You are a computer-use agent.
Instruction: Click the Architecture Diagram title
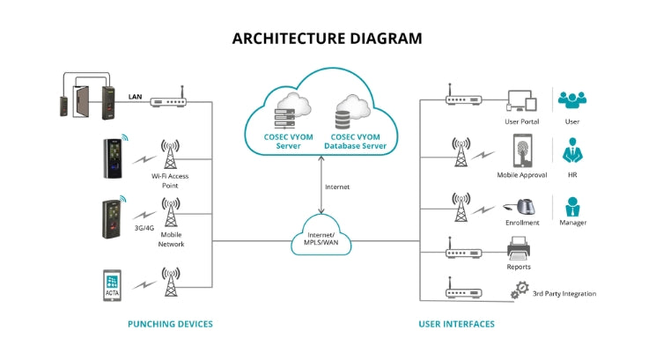328,39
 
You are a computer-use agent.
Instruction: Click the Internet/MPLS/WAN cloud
321,236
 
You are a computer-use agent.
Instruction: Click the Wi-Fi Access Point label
171,180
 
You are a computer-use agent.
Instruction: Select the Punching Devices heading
171,324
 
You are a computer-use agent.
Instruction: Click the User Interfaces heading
456,324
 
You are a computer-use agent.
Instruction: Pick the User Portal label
522,121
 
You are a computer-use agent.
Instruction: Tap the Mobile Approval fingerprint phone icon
522,151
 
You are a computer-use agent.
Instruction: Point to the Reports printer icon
519,251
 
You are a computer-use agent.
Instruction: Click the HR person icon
572,151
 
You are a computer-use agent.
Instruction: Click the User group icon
572,99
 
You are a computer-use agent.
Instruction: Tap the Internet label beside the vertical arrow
337,187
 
